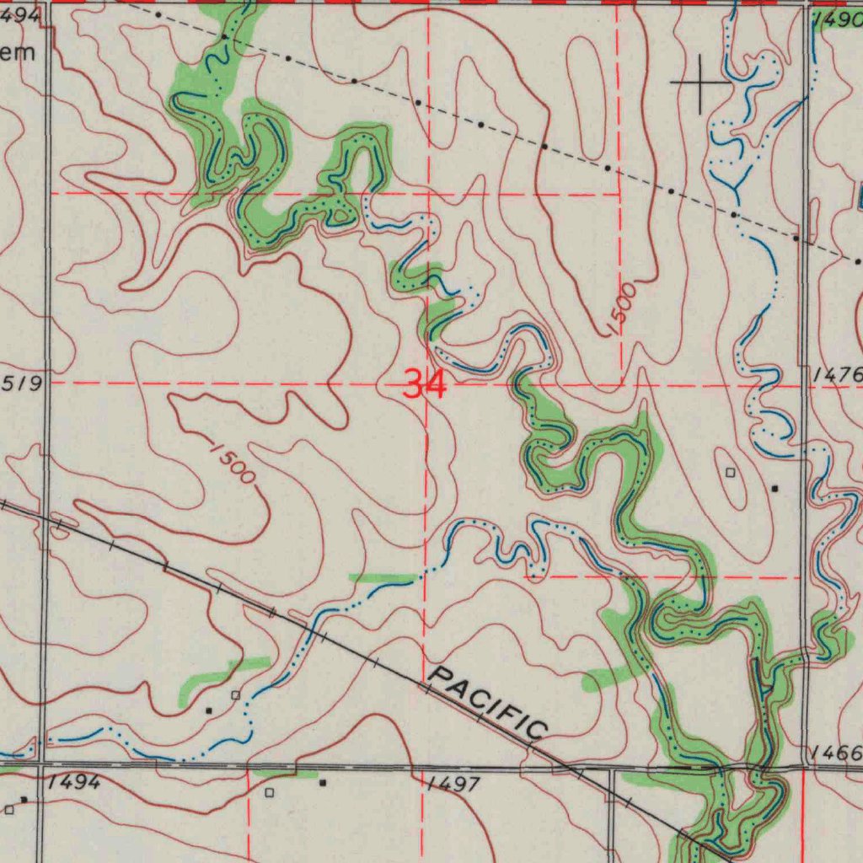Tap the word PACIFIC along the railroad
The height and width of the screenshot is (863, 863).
click(486, 703)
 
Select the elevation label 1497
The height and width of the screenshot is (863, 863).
click(453, 784)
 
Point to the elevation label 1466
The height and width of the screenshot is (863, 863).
click(838, 752)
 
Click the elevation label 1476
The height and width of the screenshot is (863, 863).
click(839, 373)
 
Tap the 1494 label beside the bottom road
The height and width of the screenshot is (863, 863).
click(74, 782)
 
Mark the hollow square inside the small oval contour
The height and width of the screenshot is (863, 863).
click(731, 473)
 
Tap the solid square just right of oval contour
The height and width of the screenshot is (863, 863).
click(775, 487)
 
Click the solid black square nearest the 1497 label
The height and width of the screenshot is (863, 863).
click(323, 782)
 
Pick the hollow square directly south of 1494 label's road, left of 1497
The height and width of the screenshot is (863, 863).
click(270, 792)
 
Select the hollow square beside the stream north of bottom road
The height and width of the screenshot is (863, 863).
click(236, 694)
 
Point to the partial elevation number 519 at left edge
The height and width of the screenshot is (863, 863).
click(24, 383)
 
